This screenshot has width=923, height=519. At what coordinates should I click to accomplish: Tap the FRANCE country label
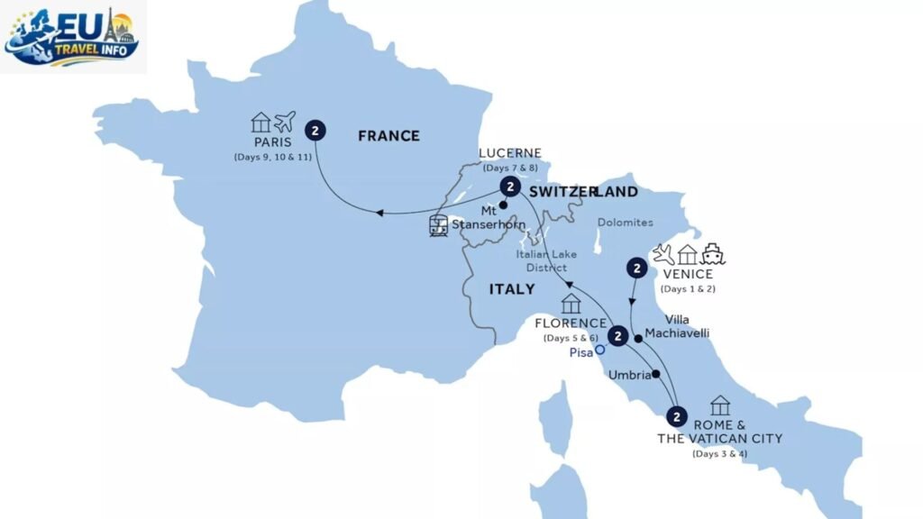click(x=388, y=136)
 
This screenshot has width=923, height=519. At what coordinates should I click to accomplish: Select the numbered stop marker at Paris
click(x=315, y=131)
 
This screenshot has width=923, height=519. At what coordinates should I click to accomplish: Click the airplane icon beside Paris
click(x=286, y=122)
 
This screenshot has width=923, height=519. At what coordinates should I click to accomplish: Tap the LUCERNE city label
click(x=511, y=154)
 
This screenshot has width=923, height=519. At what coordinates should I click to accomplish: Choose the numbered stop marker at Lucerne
click(x=510, y=187)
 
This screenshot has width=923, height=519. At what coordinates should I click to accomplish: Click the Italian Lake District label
click(x=547, y=261)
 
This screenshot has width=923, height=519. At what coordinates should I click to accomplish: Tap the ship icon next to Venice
click(x=713, y=254)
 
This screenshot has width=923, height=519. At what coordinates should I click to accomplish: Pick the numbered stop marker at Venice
click(x=637, y=268)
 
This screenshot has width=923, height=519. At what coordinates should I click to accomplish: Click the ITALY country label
click(x=511, y=289)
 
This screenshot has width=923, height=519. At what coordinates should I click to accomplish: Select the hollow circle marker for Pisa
click(x=599, y=352)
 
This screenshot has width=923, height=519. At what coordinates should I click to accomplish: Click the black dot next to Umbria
click(x=655, y=374)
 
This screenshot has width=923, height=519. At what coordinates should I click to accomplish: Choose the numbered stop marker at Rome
click(x=676, y=416)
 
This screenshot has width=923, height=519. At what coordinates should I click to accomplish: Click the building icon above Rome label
click(x=719, y=405)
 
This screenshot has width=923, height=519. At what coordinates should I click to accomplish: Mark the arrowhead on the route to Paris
click(x=379, y=213)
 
